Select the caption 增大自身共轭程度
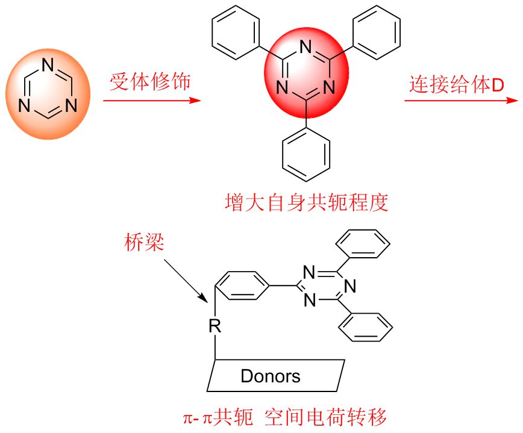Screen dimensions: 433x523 pos(306,202)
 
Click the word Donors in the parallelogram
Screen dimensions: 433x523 pos(271,376)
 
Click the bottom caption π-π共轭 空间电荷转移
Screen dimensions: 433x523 pos(284,417)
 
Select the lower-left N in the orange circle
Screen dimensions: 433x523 pos(24,107)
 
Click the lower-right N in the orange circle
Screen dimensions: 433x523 pos(71,107)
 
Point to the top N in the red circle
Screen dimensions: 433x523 pos(306,46)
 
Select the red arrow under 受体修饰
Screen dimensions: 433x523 pos(151,99)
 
